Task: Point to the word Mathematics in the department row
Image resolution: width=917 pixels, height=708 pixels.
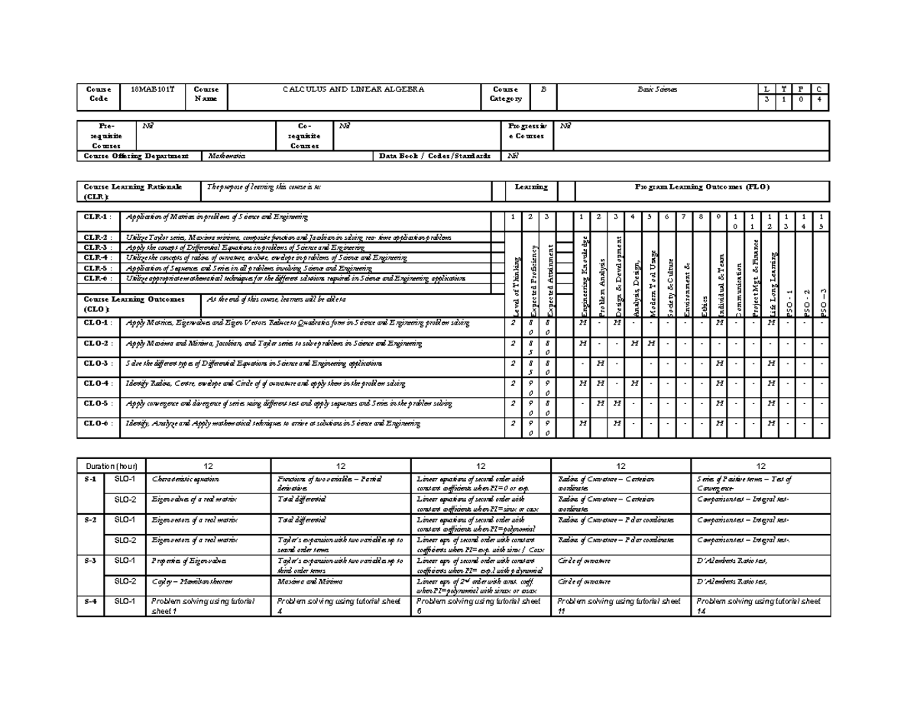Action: [227, 156]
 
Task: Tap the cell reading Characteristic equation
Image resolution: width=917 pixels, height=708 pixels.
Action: [186, 479]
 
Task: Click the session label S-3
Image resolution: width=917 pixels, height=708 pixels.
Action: [91, 561]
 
